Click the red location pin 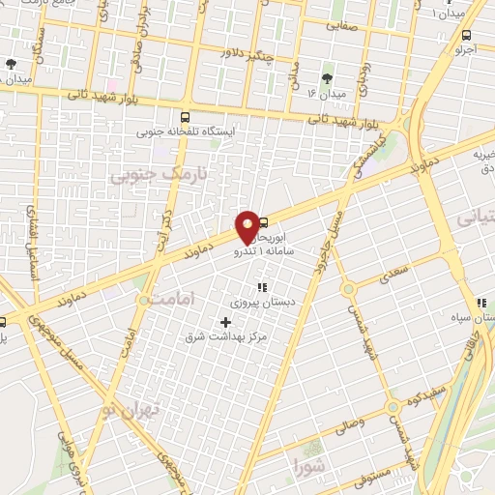click(x=248, y=227)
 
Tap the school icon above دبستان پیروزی click(x=260, y=286)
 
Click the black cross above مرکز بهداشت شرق click(x=226, y=322)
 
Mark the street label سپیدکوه click(x=426, y=397)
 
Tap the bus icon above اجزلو click(x=468, y=33)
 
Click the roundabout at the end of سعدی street click(x=348, y=287)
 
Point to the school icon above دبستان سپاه click(x=481, y=303)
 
